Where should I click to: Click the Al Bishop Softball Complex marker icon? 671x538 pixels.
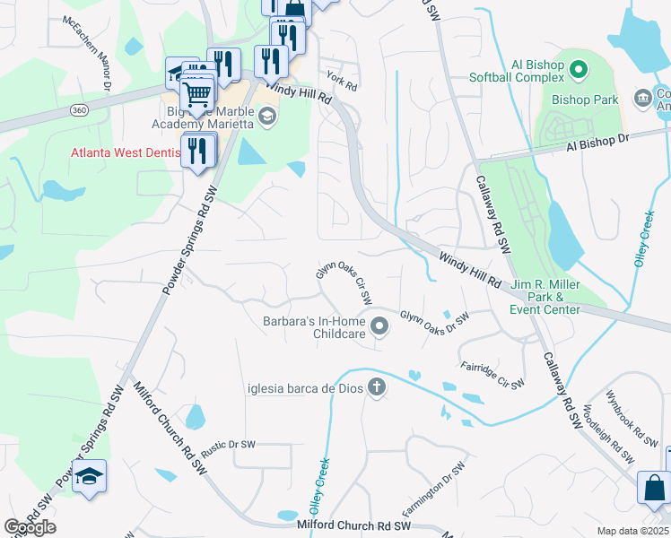[x=579, y=68]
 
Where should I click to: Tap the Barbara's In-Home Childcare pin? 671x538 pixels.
[x=379, y=326]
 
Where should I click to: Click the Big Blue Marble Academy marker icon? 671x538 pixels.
[x=266, y=116]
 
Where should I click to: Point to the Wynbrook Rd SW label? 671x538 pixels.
[x=632, y=419]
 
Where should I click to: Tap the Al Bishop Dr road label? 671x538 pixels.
[x=598, y=144]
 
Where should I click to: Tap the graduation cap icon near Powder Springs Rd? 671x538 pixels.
[x=90, y=476]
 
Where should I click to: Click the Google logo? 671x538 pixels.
[x=30, y=527]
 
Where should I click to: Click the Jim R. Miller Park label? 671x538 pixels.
[x=546, y=298]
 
